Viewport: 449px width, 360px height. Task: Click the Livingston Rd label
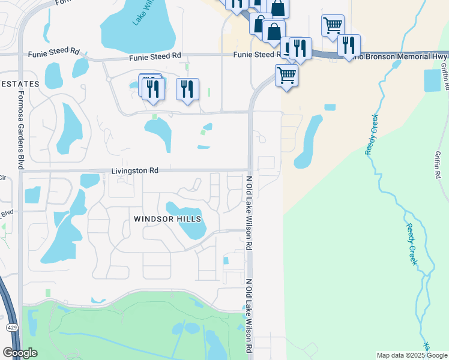135,171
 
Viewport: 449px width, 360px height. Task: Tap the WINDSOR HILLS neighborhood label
167,219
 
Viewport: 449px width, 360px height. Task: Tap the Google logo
20,353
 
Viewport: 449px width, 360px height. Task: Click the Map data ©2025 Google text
411,355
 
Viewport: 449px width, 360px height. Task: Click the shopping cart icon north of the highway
333,25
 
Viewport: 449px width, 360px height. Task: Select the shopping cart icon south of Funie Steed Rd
287,76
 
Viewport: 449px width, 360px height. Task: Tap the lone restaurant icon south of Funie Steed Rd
187,89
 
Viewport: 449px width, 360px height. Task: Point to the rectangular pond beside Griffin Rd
432,80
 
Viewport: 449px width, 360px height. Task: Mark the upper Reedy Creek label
371,134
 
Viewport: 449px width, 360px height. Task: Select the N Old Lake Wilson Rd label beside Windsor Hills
249,213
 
